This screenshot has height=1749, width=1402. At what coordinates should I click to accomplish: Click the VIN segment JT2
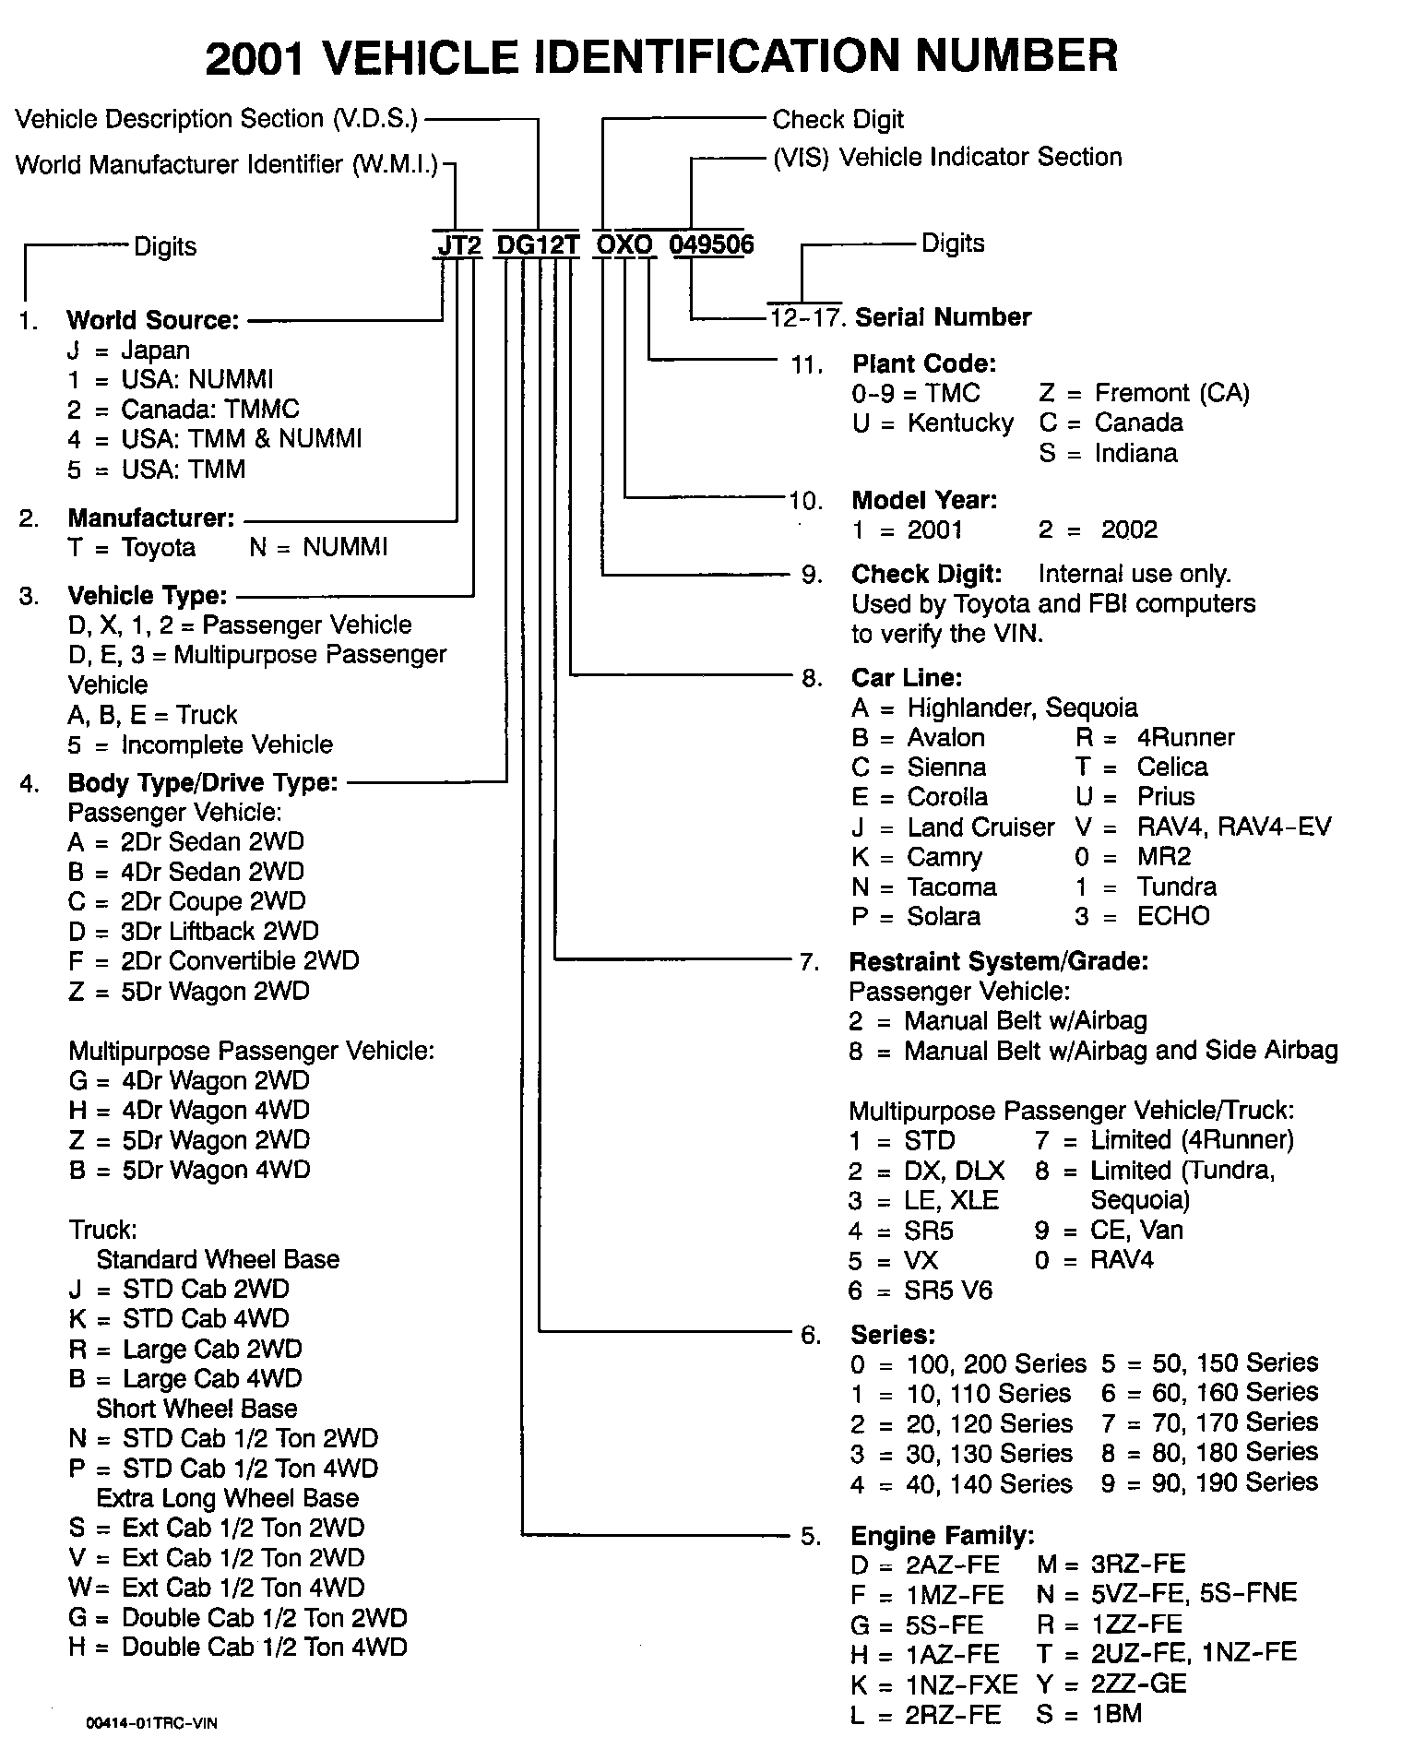(458, 244)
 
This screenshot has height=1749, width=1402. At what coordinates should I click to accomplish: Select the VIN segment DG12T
(538, 244)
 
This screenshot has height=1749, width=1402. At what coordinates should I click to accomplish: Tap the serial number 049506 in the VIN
(711, 244)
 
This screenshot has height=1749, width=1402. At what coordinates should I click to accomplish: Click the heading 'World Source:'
(153, 320)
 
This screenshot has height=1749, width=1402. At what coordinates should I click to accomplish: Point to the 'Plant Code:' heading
(924, 363)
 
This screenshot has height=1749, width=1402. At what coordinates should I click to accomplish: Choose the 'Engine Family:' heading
(942, 1536)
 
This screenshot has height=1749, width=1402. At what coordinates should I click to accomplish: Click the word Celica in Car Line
(1172, 767)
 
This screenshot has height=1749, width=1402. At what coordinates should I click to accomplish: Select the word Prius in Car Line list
(1166, 796)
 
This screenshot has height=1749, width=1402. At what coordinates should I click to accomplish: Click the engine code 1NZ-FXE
(961, 1684)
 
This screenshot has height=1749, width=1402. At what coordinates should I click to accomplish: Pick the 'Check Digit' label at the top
(838, 120)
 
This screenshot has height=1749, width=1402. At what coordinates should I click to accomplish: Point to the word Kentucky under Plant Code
(960, 422)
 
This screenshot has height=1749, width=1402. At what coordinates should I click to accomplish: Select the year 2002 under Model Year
(1129, 529)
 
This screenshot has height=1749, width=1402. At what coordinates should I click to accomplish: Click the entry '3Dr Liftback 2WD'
(220, 931)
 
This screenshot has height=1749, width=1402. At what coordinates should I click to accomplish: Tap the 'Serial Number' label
(944, 317)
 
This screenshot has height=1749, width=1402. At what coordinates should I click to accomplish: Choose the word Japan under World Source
(155, 351)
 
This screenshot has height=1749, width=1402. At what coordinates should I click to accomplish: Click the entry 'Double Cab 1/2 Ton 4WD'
(264, 1647)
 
